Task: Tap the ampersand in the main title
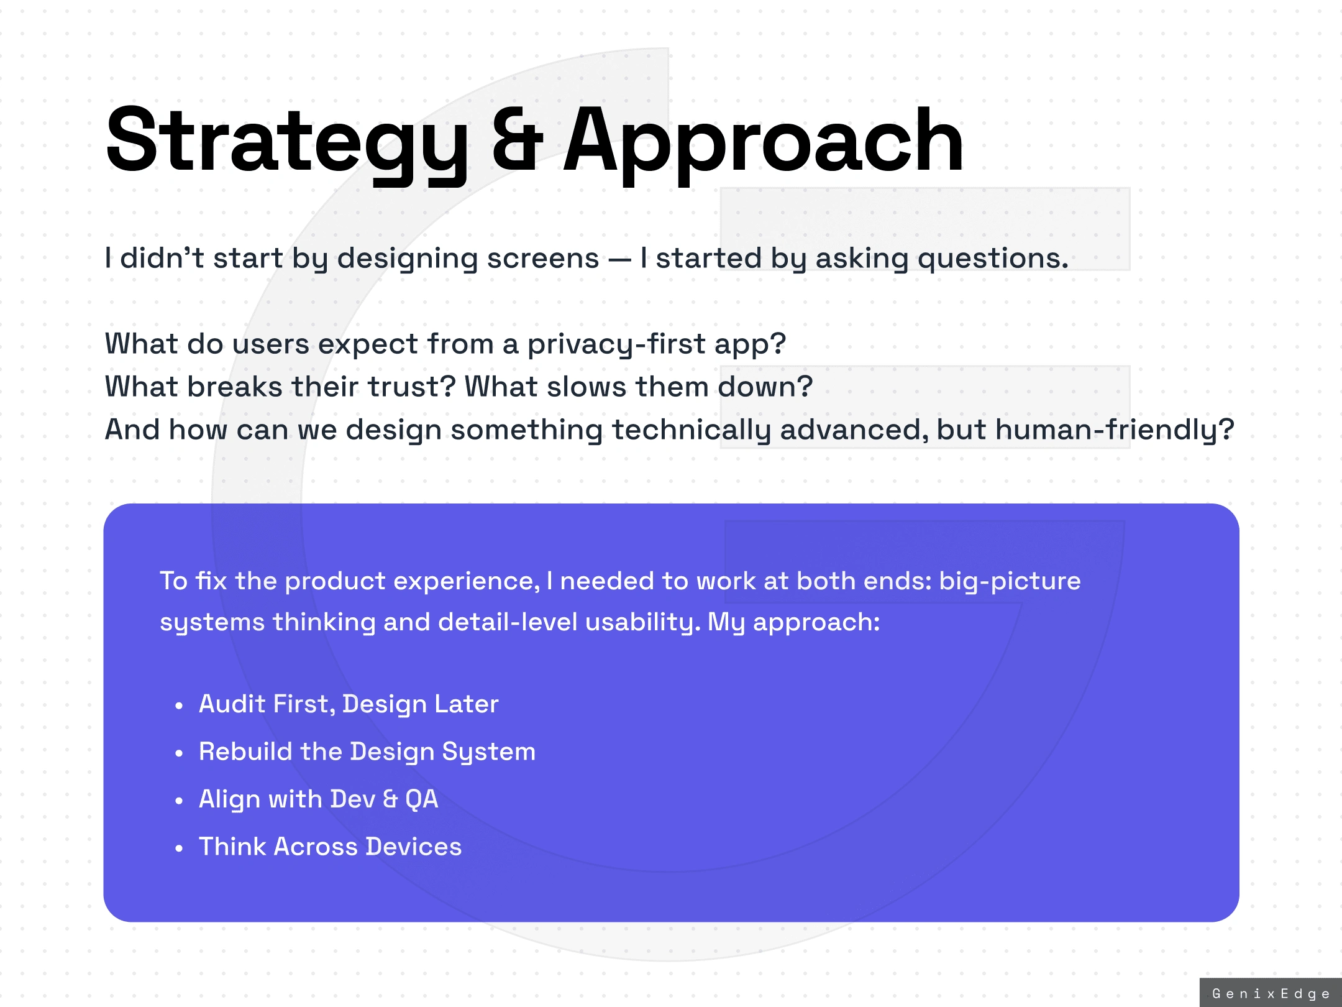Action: click(518, 140)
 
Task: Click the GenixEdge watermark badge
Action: click(1271, 993)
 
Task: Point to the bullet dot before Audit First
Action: click(179, 706)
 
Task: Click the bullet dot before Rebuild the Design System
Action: click(179, 753)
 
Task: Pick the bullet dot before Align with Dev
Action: click(179, 801)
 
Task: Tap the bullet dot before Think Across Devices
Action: click(179, 848)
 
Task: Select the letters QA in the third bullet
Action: click(422, 799)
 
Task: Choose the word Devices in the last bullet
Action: click(414, 847)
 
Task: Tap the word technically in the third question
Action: click(692, 431)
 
